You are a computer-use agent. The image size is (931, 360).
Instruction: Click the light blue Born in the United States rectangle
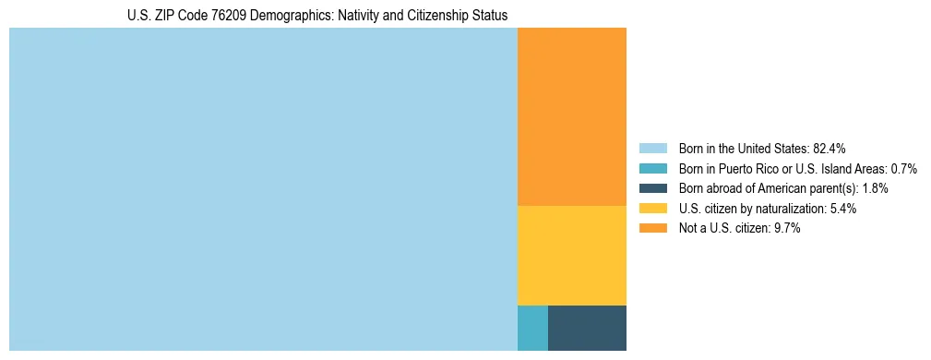[x=263, y=189]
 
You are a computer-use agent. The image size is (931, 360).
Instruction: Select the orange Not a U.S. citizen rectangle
[x=572, y=116]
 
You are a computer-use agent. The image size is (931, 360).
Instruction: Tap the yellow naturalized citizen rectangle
[x=572, y=255]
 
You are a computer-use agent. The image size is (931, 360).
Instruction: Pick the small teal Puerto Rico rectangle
[x=532, y=328]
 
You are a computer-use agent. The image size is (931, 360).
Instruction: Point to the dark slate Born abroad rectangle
[x=587, y=328]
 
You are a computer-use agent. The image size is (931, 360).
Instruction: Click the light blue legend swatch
[x=652, y=149]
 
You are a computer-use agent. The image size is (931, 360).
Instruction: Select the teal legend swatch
[x=652, y=169]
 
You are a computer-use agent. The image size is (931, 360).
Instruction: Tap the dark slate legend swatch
[x=652, y=188]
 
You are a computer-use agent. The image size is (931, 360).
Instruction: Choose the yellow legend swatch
[x=652, y=209]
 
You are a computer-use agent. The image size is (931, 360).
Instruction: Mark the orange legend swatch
[x=652, y=229]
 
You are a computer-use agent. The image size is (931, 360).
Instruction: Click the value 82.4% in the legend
[x=829, y=149]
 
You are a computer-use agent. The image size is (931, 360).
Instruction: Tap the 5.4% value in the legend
[x=842, y=209]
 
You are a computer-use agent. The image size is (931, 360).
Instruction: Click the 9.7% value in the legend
[x=786, y=229]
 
